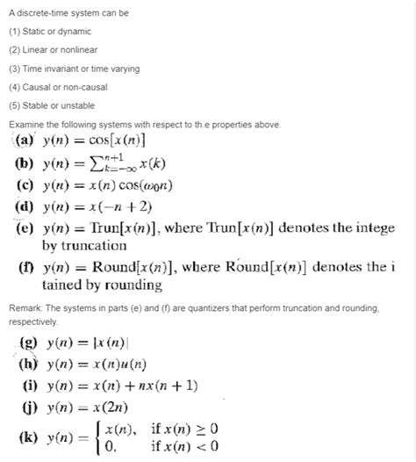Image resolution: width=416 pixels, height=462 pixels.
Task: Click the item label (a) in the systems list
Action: [x=25, y=141]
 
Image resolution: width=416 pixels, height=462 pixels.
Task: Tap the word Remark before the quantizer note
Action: [x=25, y=308]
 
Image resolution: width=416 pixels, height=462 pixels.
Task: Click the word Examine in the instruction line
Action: [x=26, y=125]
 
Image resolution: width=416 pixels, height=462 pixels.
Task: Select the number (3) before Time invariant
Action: [x=14, y=69]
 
